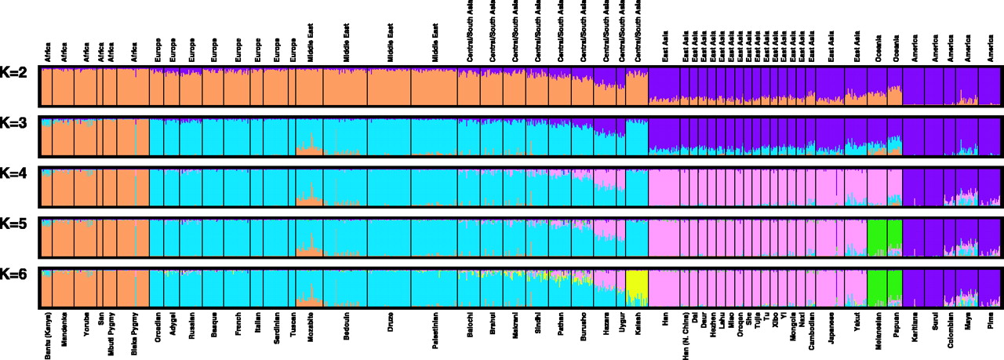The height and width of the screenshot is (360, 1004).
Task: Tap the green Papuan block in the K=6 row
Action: (x=893, y=288)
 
